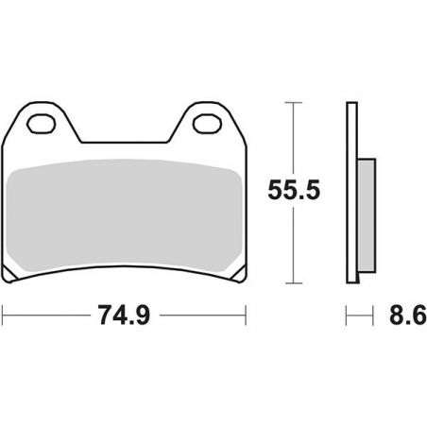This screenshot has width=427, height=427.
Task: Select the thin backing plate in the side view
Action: pyautogui.click(x=351, y=189)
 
